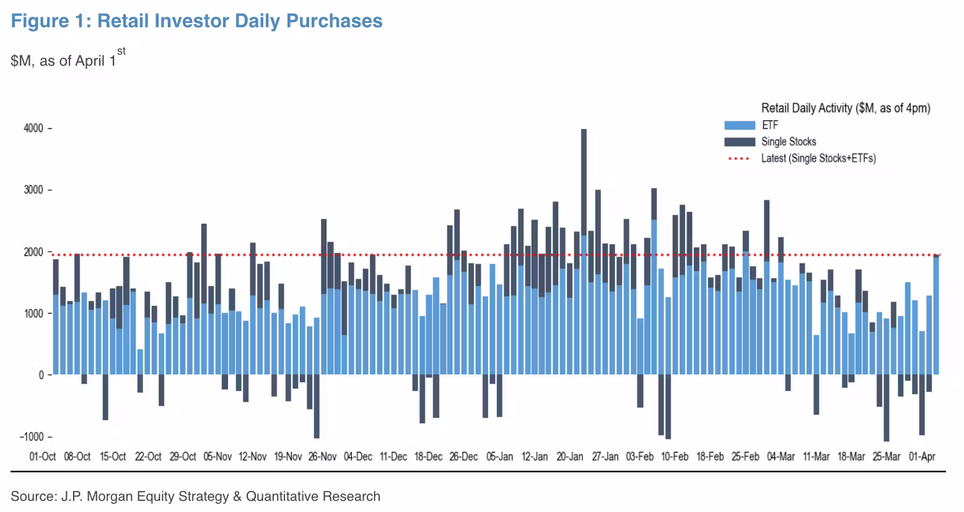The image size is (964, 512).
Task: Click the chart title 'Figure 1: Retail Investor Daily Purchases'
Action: (196, 21)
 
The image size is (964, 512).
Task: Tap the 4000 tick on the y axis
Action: (33, 128)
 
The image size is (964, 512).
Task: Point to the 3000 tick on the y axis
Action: (33, 190)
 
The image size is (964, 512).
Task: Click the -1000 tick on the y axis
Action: (32, 436)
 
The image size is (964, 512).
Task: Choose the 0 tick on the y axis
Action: (41, 375)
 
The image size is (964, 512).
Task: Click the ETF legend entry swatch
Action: (739, 125)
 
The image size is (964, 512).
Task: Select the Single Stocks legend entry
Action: (788, 142)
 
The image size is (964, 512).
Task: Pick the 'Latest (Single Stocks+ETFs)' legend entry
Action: (818, 159)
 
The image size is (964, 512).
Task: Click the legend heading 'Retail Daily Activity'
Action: (845, 108)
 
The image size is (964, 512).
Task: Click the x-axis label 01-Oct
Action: (43, 457)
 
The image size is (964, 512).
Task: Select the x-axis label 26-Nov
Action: (322, 457)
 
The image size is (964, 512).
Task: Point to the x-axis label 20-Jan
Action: (569, 457)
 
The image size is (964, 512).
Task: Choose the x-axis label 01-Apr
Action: (922, 457)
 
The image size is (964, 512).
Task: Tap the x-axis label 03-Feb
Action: (639, 457)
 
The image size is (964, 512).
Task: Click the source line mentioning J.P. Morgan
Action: (195, 497)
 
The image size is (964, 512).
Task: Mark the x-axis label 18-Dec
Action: (428, 457)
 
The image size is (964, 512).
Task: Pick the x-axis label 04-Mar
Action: (781, 457)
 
